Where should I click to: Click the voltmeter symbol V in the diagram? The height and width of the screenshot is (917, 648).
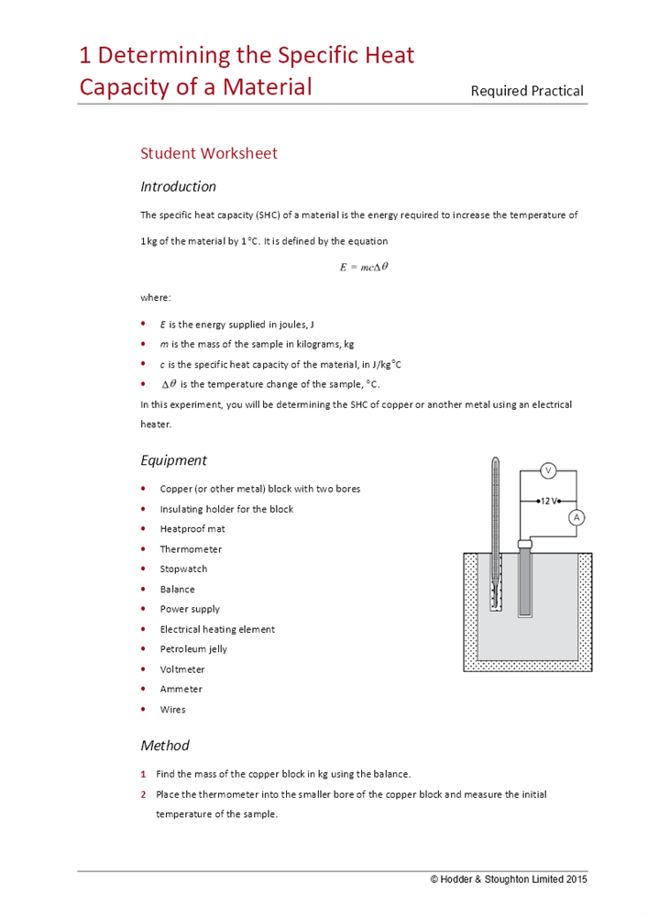548,470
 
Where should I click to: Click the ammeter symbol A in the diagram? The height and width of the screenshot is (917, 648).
577,517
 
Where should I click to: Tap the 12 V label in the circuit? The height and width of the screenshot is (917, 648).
548,501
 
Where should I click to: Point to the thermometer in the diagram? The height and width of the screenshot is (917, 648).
495,532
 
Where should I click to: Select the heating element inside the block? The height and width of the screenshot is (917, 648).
525,582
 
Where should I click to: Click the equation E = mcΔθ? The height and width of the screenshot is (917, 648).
364,267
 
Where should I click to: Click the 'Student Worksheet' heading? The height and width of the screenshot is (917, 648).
208,153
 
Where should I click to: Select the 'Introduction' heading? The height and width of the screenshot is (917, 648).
178,186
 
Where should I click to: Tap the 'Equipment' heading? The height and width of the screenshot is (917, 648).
173,460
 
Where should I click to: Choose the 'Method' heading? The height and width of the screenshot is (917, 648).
164,745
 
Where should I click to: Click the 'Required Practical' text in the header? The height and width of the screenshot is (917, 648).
526,90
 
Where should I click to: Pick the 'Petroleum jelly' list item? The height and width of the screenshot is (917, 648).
193,649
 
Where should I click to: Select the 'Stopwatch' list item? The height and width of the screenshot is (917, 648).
183,569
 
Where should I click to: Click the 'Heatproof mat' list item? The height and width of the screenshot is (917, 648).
192,529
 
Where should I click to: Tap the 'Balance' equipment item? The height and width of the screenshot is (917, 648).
177,589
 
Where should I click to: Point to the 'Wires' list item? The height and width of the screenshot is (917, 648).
172,709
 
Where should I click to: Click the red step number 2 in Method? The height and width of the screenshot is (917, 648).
144,794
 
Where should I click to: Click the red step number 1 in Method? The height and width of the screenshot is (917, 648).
144,774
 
